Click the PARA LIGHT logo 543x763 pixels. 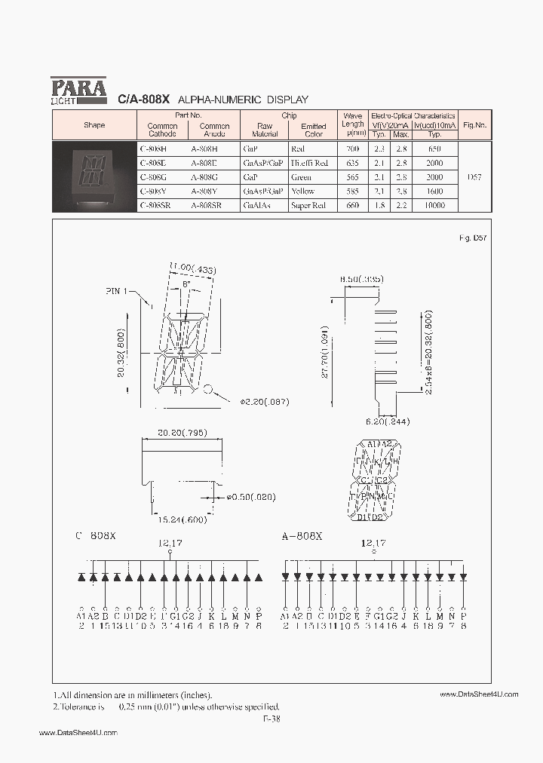[x=79, y=90]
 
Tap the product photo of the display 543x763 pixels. [x=94, y=175]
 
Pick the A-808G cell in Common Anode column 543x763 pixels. [x=204, y=177]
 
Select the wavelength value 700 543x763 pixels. [x=352, y=149]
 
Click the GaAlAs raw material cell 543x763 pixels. [x=256, y=205]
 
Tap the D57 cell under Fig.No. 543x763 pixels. [x=474, y=177]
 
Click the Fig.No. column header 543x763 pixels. [x=474, y=125]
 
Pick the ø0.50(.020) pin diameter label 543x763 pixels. [x=250, y=497]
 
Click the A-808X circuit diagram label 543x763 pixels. [x=302, y=536]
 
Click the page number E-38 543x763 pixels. [x=271, y=719]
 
